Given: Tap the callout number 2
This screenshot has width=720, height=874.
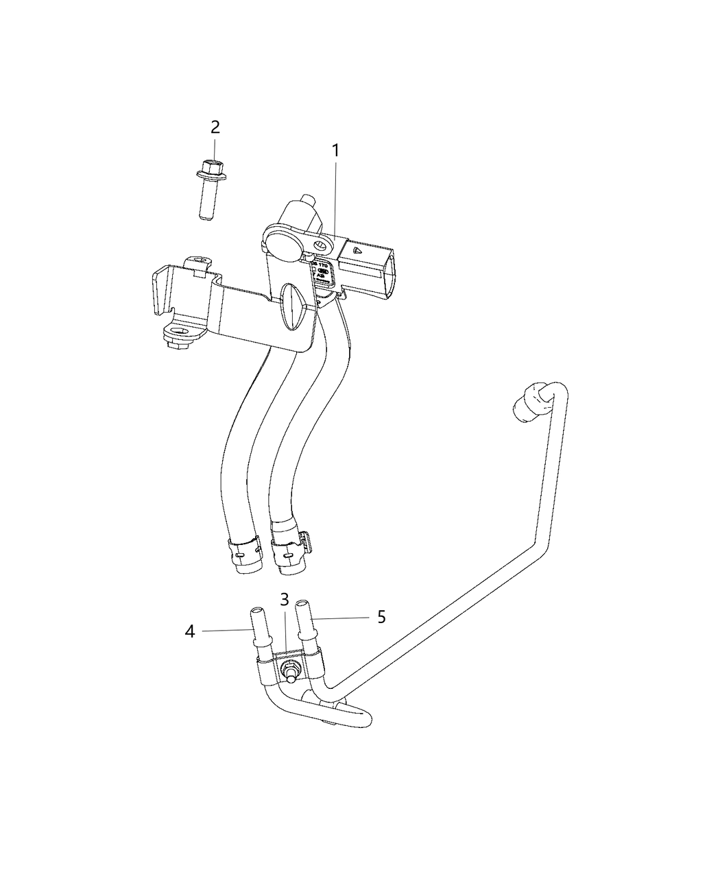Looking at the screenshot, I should [x=215, y=127].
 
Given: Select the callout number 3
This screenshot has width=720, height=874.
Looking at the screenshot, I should [x=285, y=599].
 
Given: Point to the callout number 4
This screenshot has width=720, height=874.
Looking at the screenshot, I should [x=190, y=631].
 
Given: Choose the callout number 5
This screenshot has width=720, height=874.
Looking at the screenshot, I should [x=381, y=617].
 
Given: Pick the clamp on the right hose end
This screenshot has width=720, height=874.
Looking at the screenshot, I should [x=289, y=546].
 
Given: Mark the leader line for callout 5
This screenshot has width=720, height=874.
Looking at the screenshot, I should [x=342, y=618].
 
